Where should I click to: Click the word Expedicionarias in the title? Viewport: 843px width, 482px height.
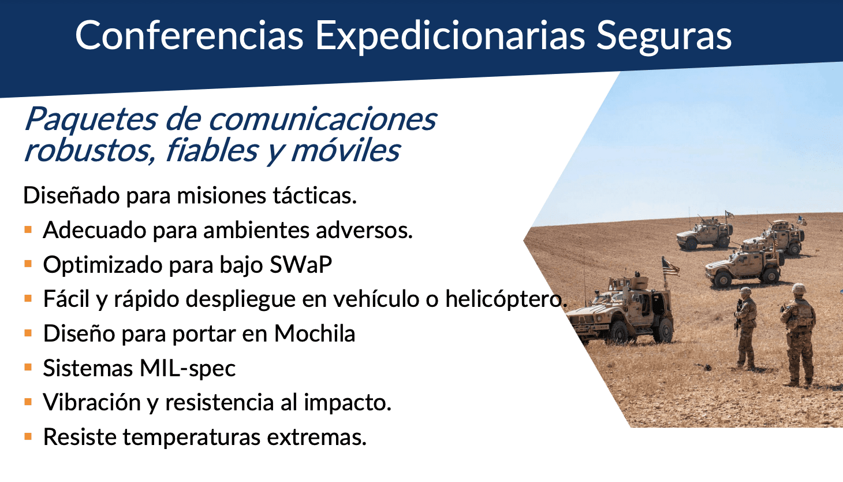[450, 36]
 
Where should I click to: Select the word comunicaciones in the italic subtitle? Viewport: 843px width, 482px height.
[323, 120]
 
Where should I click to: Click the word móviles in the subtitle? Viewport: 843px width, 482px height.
[345, 151]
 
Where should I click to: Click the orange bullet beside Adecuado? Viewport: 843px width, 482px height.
[28, 229]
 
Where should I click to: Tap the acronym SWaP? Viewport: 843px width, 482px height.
[301, 264]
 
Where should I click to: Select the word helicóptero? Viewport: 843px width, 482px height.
[506, 299]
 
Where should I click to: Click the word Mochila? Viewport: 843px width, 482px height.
[315, 333]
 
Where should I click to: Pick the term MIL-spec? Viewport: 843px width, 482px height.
[188, 368]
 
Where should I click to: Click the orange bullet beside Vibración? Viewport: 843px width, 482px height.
[28, 402]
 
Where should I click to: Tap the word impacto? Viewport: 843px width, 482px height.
[348, 403]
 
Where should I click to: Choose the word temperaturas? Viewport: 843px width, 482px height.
[192, 437]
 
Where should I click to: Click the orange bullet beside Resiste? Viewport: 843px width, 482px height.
[28, 436]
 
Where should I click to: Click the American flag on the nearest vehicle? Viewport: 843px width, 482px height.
[670, 267]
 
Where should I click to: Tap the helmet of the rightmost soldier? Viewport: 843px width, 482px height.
[798, 289]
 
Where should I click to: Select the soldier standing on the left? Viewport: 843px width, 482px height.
[745, 327]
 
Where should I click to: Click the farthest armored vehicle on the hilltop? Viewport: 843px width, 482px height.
[704, 233]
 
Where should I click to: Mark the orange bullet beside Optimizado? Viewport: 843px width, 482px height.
[28, 264]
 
